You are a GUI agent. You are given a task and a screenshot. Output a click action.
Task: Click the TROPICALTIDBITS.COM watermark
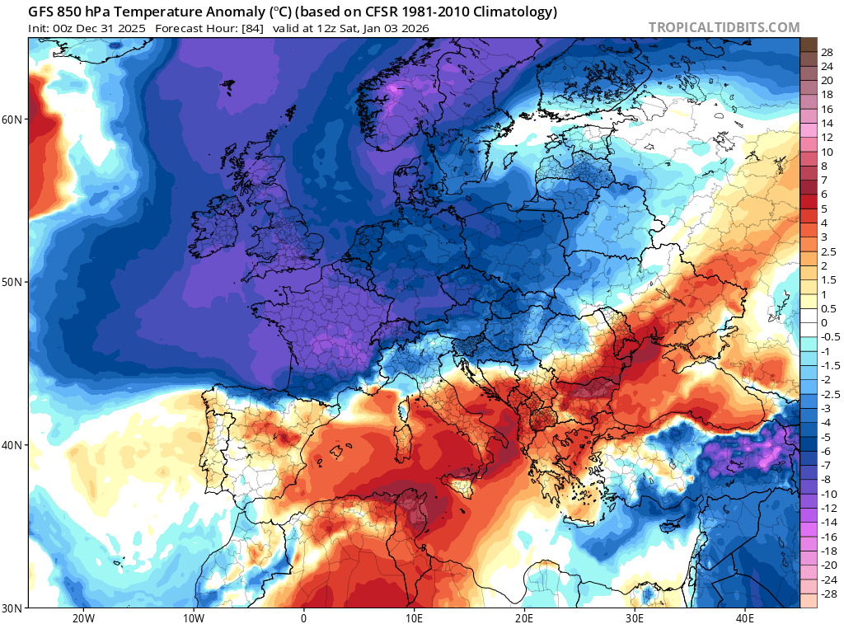724,28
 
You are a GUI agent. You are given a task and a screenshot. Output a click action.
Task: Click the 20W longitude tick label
82,618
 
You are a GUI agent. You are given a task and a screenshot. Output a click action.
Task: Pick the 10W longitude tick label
193,618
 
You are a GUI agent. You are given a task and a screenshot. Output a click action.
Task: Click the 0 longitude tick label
303,618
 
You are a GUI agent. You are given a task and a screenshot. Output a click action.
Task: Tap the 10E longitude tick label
414,618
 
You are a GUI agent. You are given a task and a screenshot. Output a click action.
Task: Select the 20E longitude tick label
524,618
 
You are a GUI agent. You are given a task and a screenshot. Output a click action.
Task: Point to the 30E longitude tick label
635,618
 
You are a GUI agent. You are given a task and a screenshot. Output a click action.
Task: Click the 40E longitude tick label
745,618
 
